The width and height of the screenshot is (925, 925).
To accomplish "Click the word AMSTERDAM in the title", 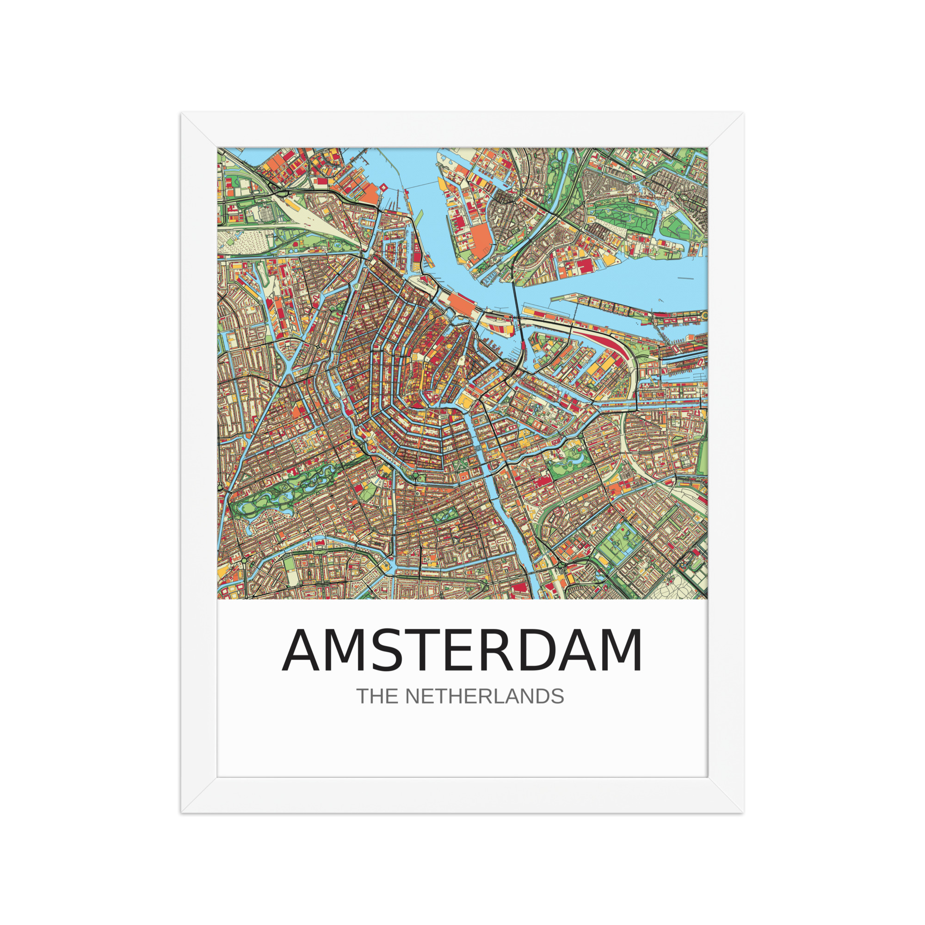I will [462, 651].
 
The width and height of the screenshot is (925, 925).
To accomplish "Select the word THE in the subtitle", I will [375, 697].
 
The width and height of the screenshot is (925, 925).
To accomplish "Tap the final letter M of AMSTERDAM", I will [621, 651].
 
